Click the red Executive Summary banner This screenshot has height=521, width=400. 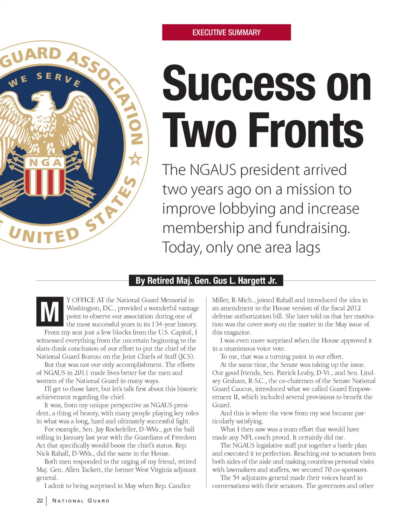(226, 32)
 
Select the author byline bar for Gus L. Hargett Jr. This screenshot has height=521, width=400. (206, 281)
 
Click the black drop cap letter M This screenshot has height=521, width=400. (50, 311)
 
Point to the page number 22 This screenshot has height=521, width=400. (40, 500)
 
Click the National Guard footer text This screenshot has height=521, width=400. (81, 501)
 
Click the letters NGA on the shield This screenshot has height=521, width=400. (45, 162)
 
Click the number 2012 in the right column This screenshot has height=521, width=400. (354, 308)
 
